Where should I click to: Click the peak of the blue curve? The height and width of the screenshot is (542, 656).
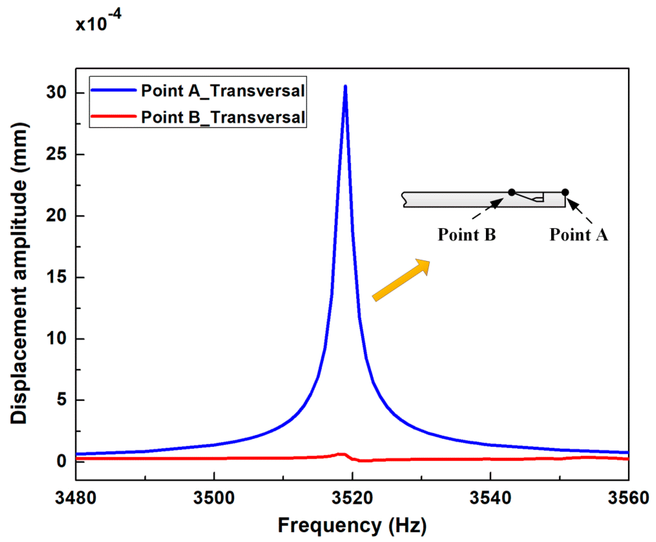pos(345,87)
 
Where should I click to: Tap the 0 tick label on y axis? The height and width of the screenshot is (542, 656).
pos(62,461)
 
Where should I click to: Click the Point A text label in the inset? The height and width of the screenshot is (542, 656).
pos(579,235)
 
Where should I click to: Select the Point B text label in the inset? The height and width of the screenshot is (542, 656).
pos(467,235)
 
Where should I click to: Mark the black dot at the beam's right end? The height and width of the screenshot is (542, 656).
pos(565,192)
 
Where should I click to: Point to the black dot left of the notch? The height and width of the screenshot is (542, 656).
pos(512,192)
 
